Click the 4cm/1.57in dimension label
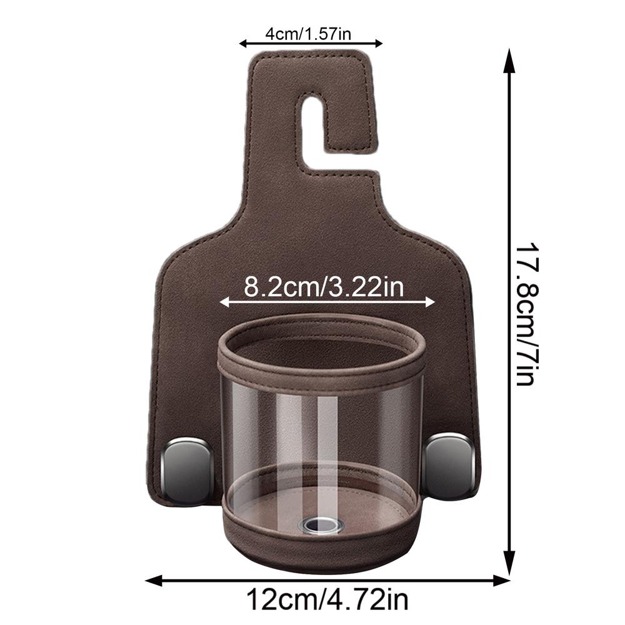[310, 33]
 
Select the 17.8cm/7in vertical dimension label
[525, 312]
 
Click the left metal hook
[187, 469]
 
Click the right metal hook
[449, 465]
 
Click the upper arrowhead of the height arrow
[510, 59]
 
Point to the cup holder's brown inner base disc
[269, 509]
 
